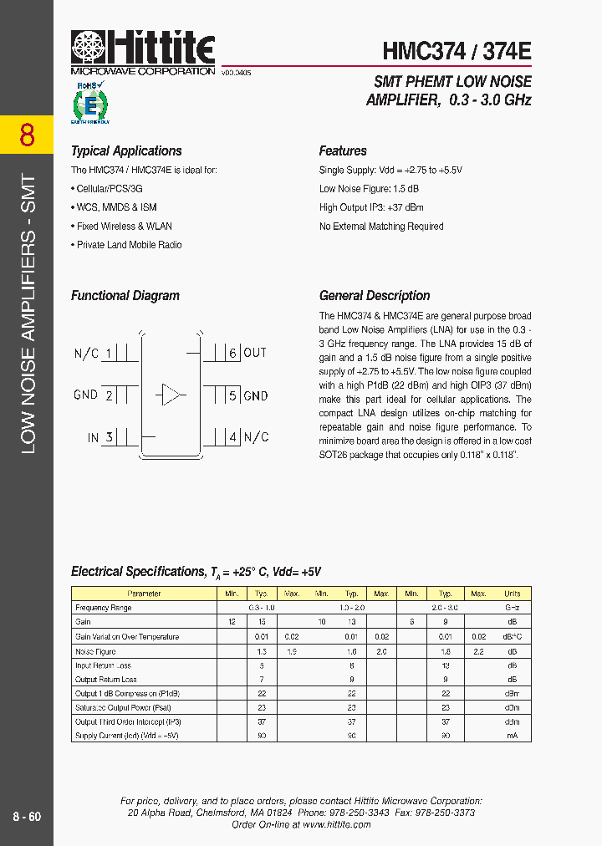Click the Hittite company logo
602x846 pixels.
(143, 51)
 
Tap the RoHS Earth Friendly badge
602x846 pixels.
(90, 104)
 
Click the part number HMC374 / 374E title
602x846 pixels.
(457, 51)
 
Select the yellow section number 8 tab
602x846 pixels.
(27, 135)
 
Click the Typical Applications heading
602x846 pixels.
(126, 151)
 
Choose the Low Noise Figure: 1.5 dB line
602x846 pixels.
(369, 189)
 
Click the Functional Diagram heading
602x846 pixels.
(125, 296)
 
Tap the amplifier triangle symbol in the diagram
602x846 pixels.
(171, 395)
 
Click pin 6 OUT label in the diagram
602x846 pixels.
(254, 353)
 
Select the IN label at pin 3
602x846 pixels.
(93, 436)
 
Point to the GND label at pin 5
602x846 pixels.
(255, 395)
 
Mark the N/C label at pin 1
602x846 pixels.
(87, 353)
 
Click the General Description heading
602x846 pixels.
(375, 296)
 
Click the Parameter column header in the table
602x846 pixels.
(144, 594)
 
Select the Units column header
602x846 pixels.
(512, 594)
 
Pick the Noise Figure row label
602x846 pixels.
(96, 651)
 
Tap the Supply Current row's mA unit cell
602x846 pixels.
(512, 736)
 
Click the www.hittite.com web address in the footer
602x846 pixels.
(336, 824)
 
